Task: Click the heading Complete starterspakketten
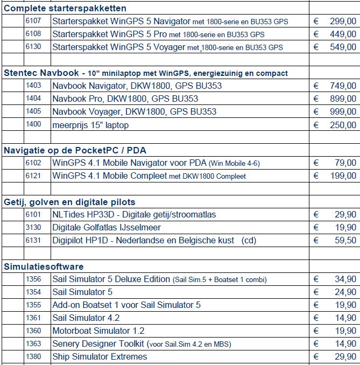pos(65,8)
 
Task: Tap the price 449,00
pos(342,34)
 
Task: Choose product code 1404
pos(33,99)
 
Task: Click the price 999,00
pos(342,111)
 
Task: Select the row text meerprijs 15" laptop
pos(90,125)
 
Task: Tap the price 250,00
pos(342,125)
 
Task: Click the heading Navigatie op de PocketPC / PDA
pos(75,150)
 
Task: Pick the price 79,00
pos(345,163)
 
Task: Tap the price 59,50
pos(345,241)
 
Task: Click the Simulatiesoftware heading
pos(44,266)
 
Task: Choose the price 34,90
pos(345,279)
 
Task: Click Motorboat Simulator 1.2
pos(98,331)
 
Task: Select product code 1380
pos(33,356)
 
